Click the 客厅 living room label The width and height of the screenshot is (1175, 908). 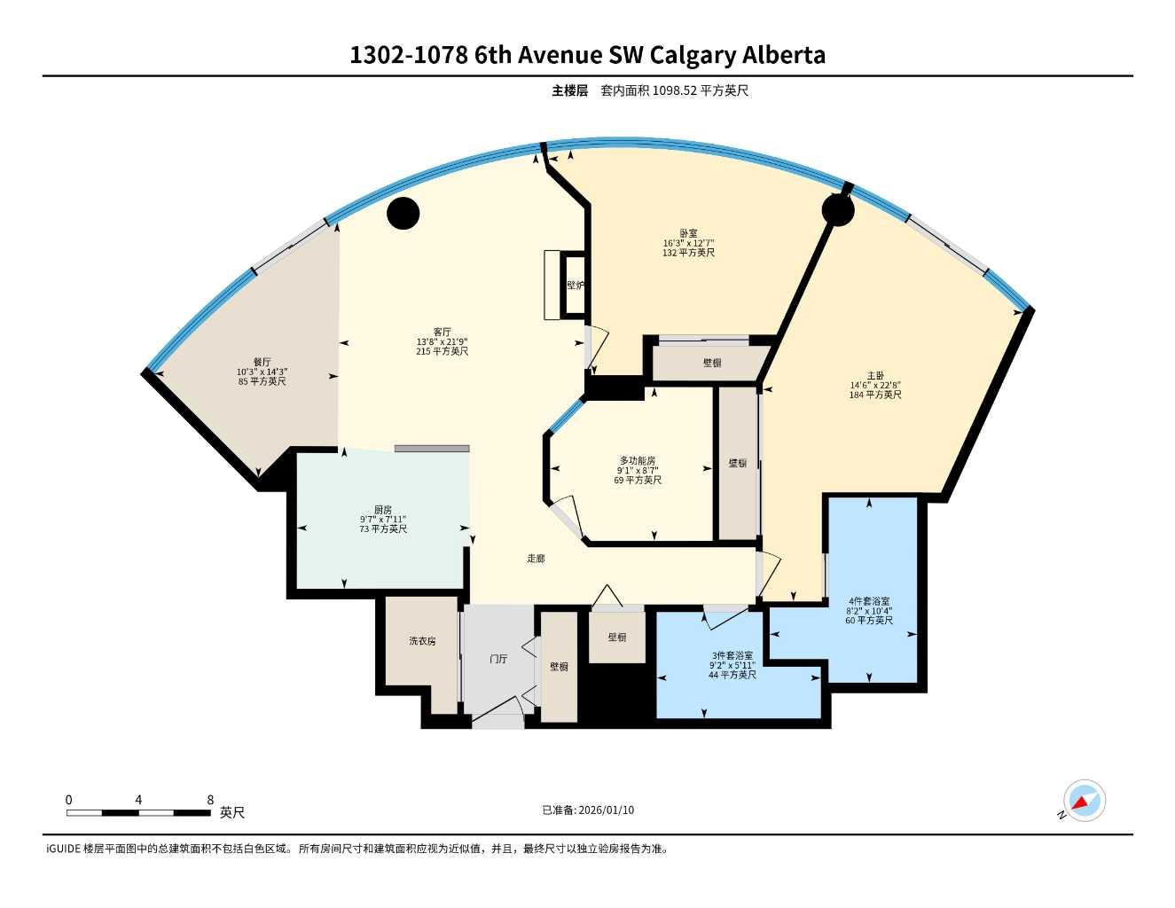tap(442, 332)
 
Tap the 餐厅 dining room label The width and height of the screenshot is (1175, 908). tap(262, 362)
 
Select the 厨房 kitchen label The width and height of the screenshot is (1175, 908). tap(383, 510)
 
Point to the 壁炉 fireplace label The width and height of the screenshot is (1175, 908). tap(576, 286)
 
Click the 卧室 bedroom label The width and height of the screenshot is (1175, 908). tap(688, 233)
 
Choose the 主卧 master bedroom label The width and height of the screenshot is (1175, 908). tap(875, 375)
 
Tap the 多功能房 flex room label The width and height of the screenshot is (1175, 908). tap(638, 461)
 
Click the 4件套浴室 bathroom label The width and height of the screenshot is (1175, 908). tap(869, 601)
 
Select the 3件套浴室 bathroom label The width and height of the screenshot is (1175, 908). tap(732, 655)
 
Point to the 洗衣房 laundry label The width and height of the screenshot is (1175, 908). tap(422, 641)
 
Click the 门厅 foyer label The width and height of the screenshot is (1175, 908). tap(498, 660)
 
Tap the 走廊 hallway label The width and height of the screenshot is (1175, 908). tap(536, 559)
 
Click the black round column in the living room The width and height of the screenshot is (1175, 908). tap(403, 213)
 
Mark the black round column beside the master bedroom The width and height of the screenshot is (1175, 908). tap(837, 210)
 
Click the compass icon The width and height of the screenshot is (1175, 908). tap(1084, 802)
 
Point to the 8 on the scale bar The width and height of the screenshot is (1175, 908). tap(210, 800)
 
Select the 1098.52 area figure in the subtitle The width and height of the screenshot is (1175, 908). tap(675, 90)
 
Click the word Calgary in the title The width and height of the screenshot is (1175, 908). tap(693, 55)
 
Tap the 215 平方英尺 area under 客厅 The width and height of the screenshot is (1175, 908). tap(442, 351)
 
